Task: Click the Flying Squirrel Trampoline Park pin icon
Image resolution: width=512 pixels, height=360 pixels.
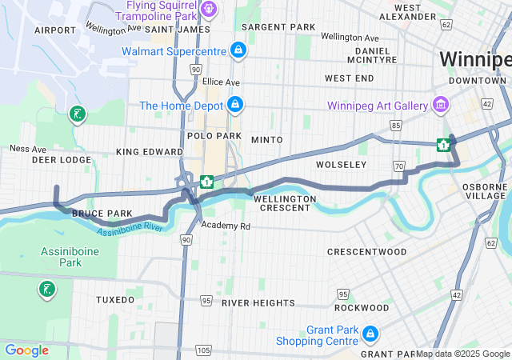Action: click(209, 10)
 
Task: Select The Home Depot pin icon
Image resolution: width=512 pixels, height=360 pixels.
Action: click(235, 105)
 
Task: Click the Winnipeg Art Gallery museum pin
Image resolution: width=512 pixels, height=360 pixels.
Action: click(439, 105)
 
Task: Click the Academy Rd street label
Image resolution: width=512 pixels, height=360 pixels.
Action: click(226, 226)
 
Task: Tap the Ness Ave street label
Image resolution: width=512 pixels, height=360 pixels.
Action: click(27, 148)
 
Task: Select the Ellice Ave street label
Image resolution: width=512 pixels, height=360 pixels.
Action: click(221, 82)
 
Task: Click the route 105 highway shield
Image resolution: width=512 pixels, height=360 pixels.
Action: click(204, 350)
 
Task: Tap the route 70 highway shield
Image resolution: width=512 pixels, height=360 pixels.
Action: click(398, 166)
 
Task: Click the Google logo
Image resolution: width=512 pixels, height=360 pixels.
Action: click(26, 350)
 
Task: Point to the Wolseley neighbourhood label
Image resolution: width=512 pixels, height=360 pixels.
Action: click(341, 164)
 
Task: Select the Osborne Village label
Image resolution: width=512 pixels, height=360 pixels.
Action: click(485, 191)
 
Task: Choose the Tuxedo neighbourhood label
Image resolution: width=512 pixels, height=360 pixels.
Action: click(115, 299)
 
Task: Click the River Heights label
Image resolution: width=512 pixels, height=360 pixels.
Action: click(258, 303)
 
